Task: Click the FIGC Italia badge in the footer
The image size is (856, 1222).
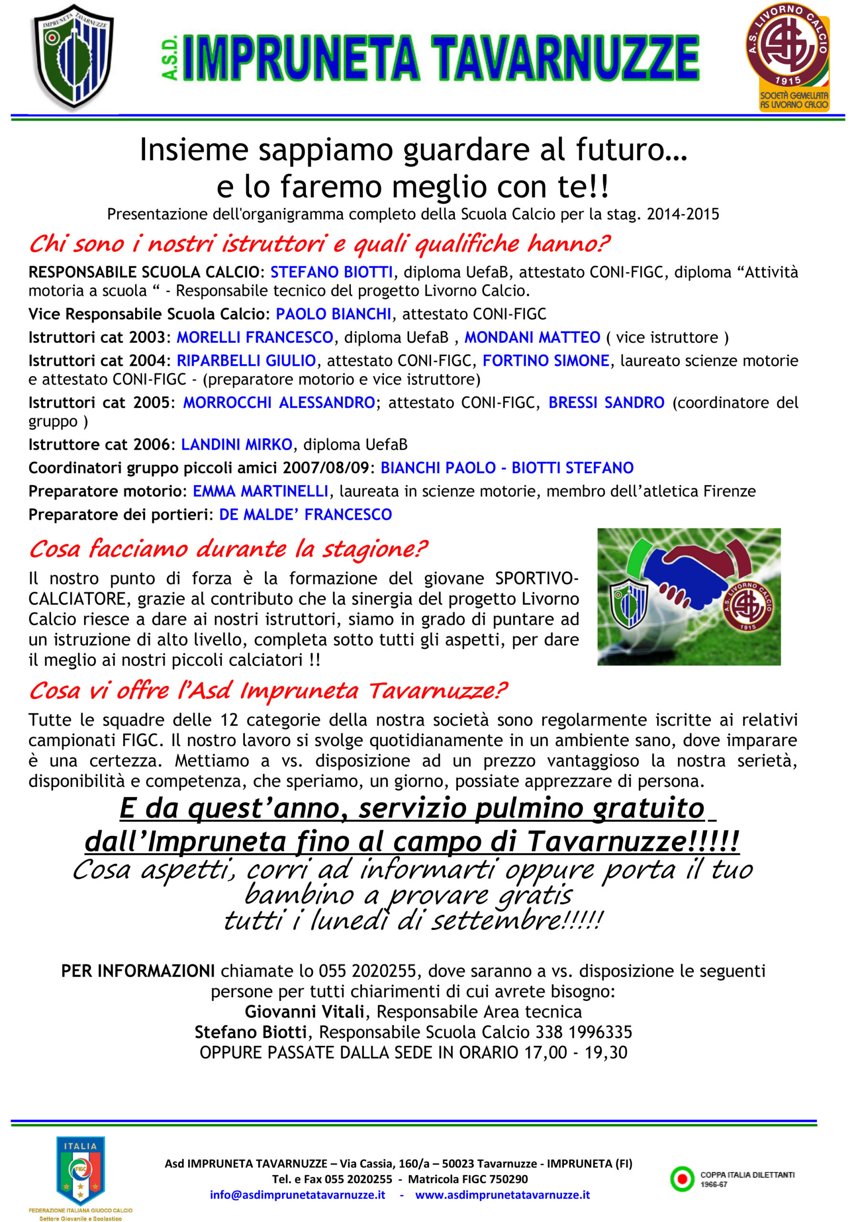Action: point(80,1170)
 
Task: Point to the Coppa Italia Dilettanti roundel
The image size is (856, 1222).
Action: point(682,1179)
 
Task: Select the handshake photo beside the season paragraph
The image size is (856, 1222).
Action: point(688,596)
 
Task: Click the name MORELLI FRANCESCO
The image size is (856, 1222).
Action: point(254,337)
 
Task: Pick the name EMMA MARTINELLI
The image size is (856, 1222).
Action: point(260,491)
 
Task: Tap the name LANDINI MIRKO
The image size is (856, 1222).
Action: point(236,444)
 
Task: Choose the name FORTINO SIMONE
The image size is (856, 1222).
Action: point(546,361)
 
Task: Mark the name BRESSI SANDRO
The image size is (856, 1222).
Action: point(606,402)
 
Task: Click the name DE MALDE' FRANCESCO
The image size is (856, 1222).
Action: point(306,514)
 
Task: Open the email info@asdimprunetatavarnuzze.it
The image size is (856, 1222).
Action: point(297,1195)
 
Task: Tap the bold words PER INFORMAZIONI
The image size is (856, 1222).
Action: point(138,971)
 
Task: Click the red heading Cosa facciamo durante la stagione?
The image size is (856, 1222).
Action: point(228,549)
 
